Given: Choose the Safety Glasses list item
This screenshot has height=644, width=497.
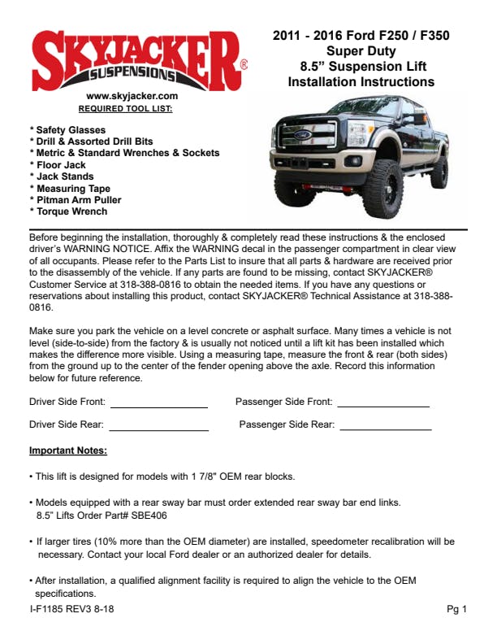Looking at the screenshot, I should point(67,130).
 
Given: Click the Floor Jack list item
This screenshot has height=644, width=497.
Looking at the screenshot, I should point(58,165).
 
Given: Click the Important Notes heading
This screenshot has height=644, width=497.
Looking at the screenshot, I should point(68,450).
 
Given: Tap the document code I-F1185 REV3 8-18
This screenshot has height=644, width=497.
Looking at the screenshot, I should point(71,610).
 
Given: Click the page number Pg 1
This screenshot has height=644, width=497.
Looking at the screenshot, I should point(456,610).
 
